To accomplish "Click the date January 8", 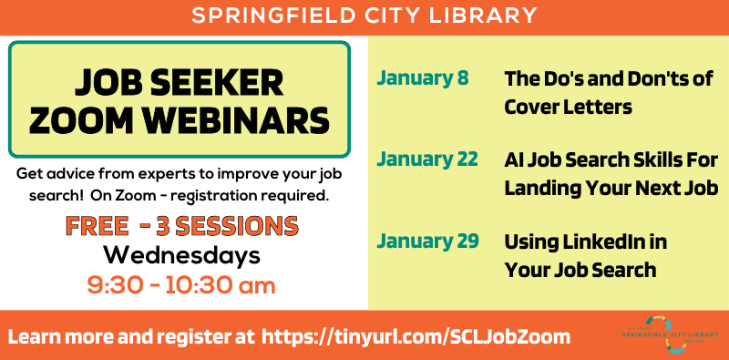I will [x=422, y=78].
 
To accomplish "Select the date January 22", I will [x=427, y=159].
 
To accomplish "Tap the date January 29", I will [x=427, y=242].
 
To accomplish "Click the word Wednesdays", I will [x=181, y=255].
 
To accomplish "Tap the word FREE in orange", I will [x=99, y=225].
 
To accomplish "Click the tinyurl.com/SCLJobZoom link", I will [x=416, y=336].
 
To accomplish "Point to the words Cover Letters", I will [x=568, y=107].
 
